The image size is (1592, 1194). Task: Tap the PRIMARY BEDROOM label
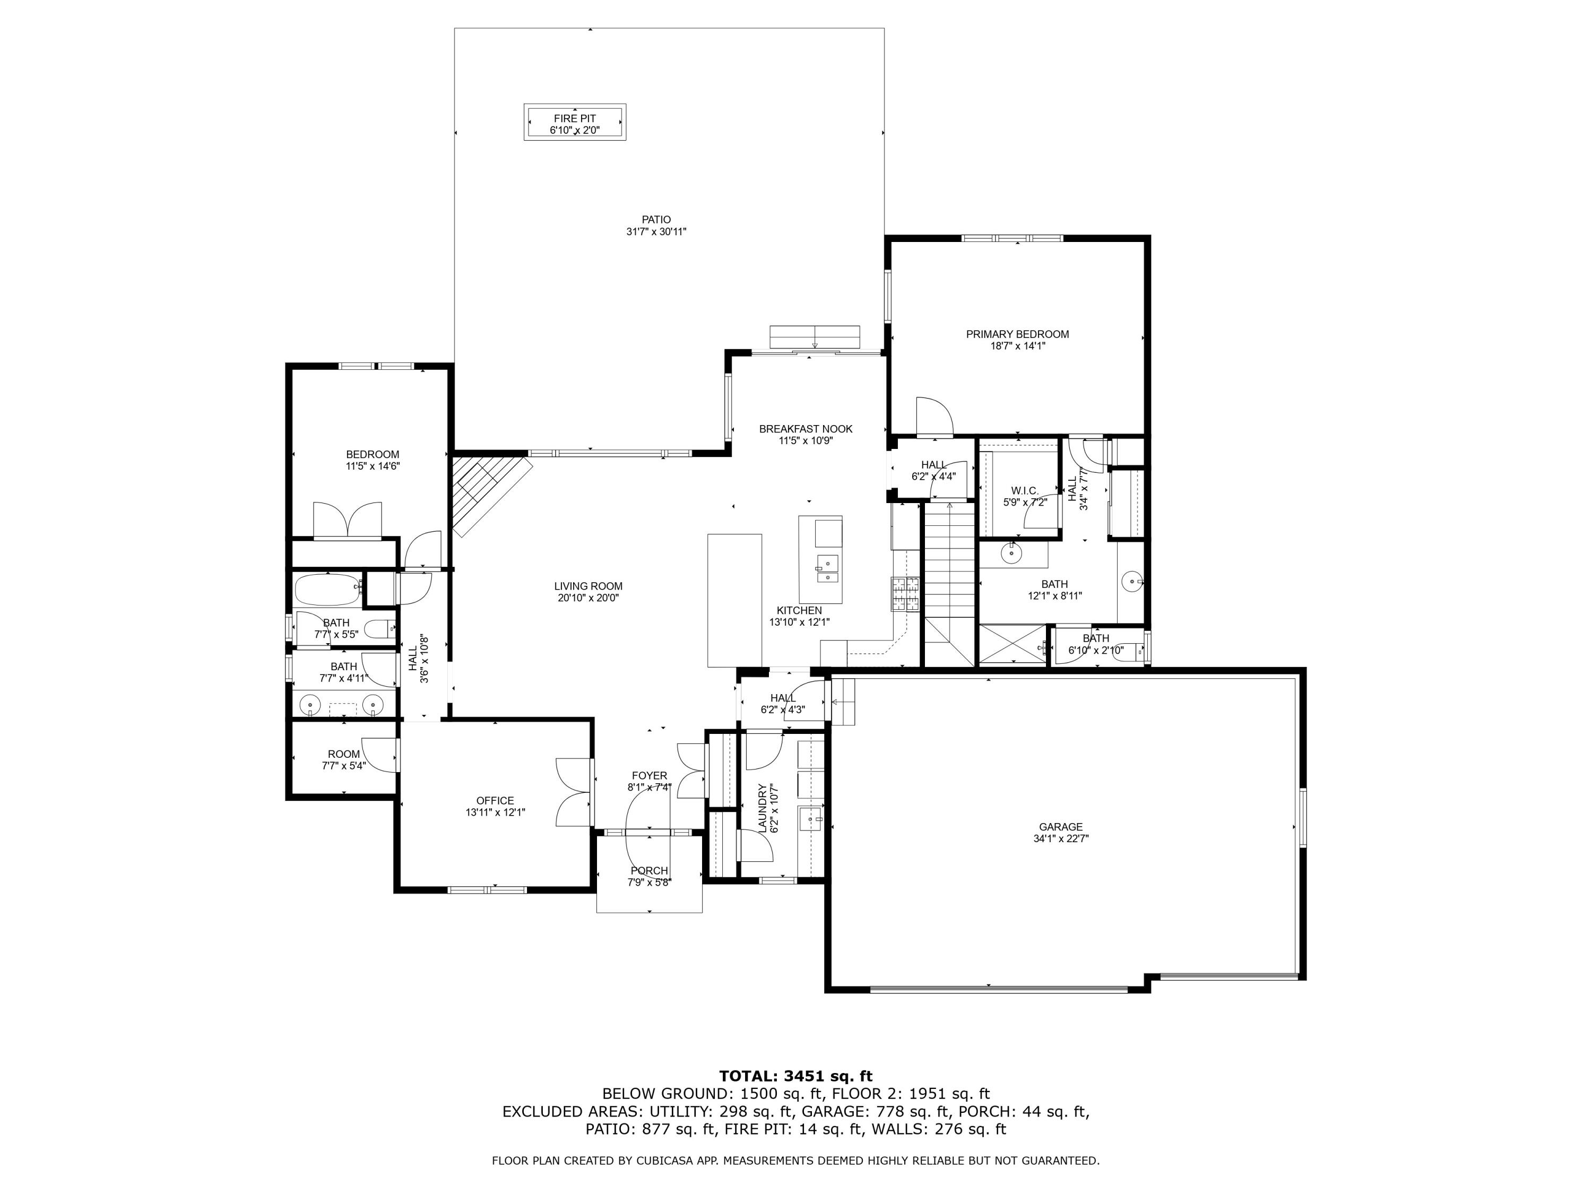coord(1017,334)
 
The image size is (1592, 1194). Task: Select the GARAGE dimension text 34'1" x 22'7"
coord(1061,838)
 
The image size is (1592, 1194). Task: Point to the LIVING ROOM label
coord(588,586)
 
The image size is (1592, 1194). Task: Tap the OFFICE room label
coord(495,800)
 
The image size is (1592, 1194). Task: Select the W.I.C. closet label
coord(1024,491)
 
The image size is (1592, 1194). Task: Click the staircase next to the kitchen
coord(949,583)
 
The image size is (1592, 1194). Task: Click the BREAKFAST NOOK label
coord(806,429)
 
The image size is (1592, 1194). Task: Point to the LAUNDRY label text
coord(763,808)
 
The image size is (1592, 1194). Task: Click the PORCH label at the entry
coord(649,871)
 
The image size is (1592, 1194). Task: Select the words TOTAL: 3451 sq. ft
coord(795,1076)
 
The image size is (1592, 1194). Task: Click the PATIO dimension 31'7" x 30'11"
coord(656,232)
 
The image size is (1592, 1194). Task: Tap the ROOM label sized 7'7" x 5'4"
coord(343,754)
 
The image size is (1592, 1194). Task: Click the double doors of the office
coord(574,792)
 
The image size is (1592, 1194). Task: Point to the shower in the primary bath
coord(1012,645)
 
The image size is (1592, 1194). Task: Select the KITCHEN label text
coord(799,610)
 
